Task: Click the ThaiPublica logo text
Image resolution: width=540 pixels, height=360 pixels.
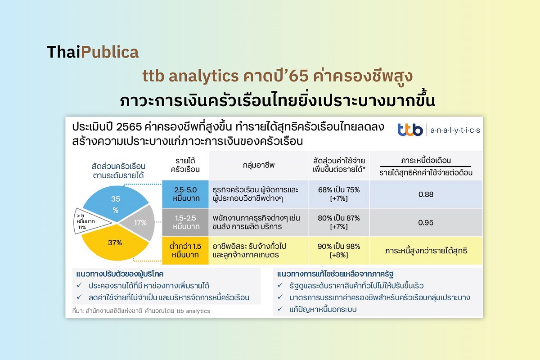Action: click(93, 52)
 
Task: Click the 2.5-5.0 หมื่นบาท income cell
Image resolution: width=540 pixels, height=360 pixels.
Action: click(185, 193)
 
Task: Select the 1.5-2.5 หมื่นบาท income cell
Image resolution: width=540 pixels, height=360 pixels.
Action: click(185, 222)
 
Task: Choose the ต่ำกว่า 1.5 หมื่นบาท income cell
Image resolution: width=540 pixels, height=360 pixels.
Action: click(185, 251)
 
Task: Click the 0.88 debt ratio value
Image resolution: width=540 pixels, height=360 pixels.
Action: click(425, 194)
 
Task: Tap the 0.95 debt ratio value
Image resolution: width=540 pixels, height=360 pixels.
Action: click(425, 222)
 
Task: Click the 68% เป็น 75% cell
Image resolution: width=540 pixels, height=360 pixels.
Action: click(338, 194)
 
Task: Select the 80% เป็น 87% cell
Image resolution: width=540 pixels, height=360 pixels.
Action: click(338, 222)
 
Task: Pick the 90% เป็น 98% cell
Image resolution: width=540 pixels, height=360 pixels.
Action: click(338, 251)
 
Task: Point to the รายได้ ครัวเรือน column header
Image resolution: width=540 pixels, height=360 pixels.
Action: click(185, 165)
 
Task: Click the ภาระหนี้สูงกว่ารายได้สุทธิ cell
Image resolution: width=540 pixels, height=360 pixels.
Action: click(426, 251)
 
